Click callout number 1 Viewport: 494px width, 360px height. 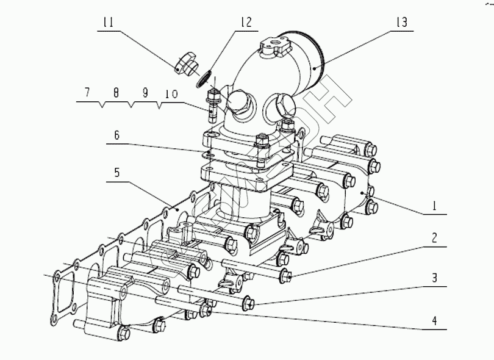[x=434, y=206]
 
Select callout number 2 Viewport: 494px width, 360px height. [x=434, y=238]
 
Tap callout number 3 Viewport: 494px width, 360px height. [x=434, y=277]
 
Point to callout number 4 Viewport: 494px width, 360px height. [x=434, y=320]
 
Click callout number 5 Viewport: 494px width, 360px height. [x=116, y=173]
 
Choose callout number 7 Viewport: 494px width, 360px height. [x=87, y=93]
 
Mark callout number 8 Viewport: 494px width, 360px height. [x=115, y=93]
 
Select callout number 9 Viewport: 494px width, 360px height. [x=145, y=93]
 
